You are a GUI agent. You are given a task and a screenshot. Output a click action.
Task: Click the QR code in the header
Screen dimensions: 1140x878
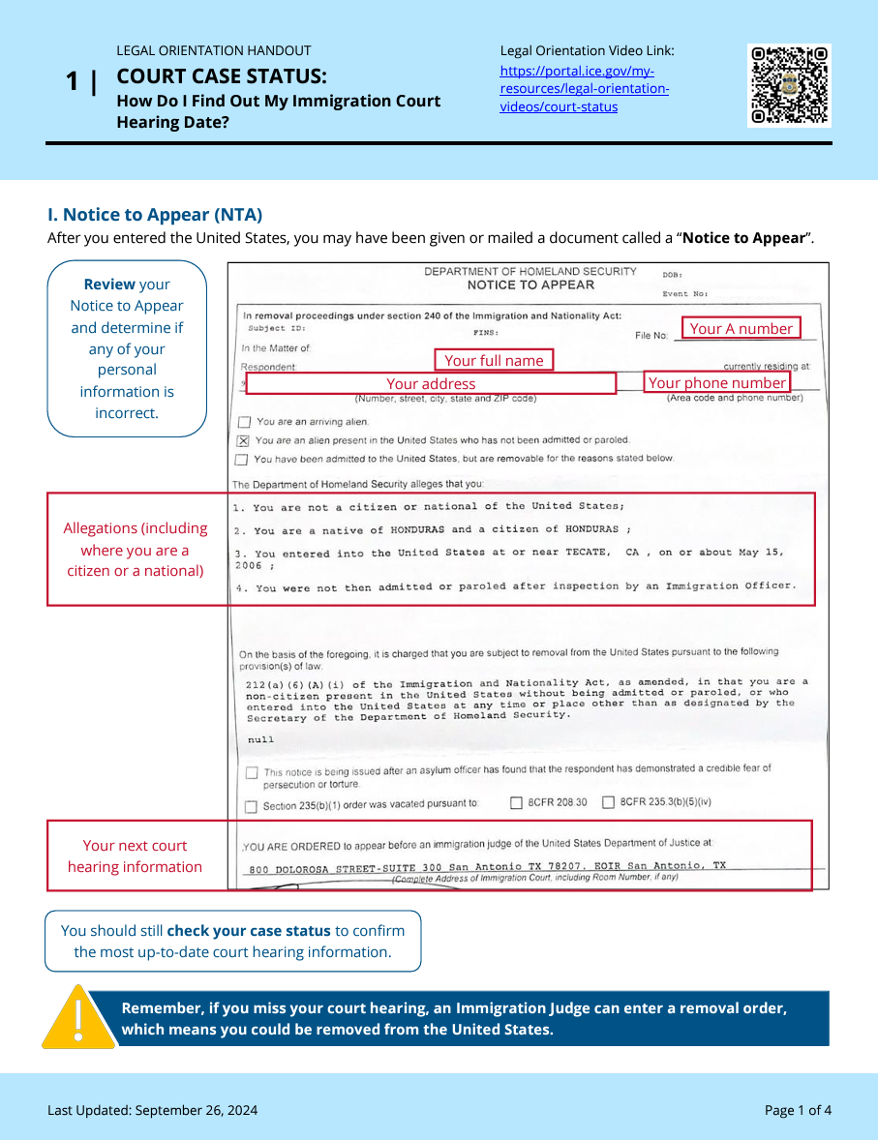(789, 85)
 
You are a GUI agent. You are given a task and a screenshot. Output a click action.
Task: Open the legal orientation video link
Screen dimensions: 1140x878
(584, 89)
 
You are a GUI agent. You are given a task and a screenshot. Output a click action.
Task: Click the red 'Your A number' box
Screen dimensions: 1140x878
(741, 329)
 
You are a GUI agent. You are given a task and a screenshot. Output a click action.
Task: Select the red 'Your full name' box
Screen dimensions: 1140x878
(494, 360)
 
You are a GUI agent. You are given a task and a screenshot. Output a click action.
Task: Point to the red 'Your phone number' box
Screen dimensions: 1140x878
(716, 383)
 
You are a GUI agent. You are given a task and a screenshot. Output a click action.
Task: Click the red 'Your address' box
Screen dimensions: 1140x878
(431, 384)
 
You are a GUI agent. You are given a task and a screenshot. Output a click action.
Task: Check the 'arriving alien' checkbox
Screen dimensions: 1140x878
(244, 422)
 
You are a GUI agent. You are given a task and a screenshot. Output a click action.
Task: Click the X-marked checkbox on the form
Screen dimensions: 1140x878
(243, 440)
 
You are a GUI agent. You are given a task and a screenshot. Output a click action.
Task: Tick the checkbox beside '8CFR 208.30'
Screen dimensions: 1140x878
(516, 802)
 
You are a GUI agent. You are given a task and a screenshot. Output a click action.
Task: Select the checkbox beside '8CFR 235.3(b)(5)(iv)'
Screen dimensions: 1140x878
(608, 802)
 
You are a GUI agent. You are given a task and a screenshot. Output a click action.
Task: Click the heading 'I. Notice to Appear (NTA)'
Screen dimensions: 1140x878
(155, 215)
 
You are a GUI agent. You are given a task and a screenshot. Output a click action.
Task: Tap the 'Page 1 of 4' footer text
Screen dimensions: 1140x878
(798, 1110)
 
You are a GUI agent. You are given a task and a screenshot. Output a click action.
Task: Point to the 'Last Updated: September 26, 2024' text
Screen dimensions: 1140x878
(153, 1110)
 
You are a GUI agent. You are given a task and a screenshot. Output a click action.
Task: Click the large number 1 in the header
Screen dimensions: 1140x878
(73, 82)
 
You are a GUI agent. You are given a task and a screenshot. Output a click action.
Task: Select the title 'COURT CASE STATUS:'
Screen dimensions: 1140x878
(222, 76)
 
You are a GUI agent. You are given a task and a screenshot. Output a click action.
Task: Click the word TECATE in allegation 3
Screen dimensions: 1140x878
(582, 553)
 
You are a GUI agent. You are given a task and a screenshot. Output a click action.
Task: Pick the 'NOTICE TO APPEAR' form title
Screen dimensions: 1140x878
(530, 285)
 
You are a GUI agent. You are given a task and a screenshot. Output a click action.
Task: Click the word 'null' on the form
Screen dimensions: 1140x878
(260, 739)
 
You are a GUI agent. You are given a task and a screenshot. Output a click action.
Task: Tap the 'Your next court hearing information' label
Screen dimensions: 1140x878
(135, 856)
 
